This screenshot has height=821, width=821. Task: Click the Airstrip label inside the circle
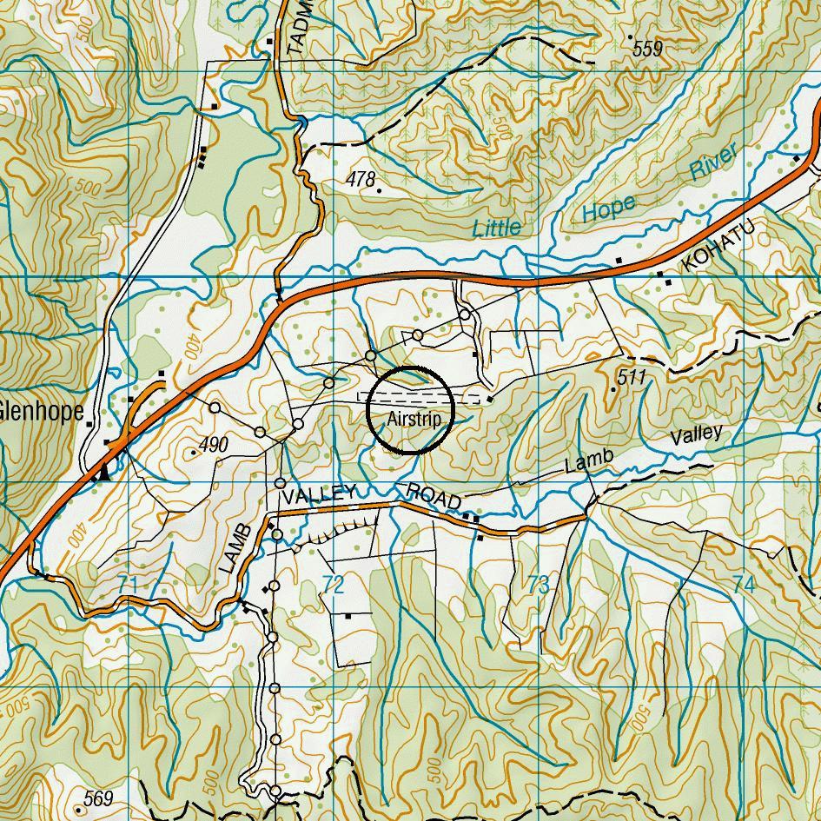[410, 420]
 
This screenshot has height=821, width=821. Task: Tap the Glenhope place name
[41, 411]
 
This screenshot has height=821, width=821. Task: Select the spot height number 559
[648, 50]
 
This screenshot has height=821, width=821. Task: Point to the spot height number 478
[360, 180]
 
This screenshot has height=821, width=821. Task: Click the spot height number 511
[632, 378]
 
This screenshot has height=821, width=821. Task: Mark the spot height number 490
[213, 445]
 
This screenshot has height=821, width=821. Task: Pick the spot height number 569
[98, 798]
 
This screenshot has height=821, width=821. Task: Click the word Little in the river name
[498, 228]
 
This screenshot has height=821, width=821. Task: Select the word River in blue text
[714, 162]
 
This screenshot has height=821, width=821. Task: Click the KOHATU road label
[718, 246]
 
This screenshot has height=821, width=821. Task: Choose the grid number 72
[333, 584]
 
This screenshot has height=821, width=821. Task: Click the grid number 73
[538, 584]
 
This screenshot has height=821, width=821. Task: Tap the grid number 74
[743, 584]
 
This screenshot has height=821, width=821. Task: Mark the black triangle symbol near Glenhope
[104, 473]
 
